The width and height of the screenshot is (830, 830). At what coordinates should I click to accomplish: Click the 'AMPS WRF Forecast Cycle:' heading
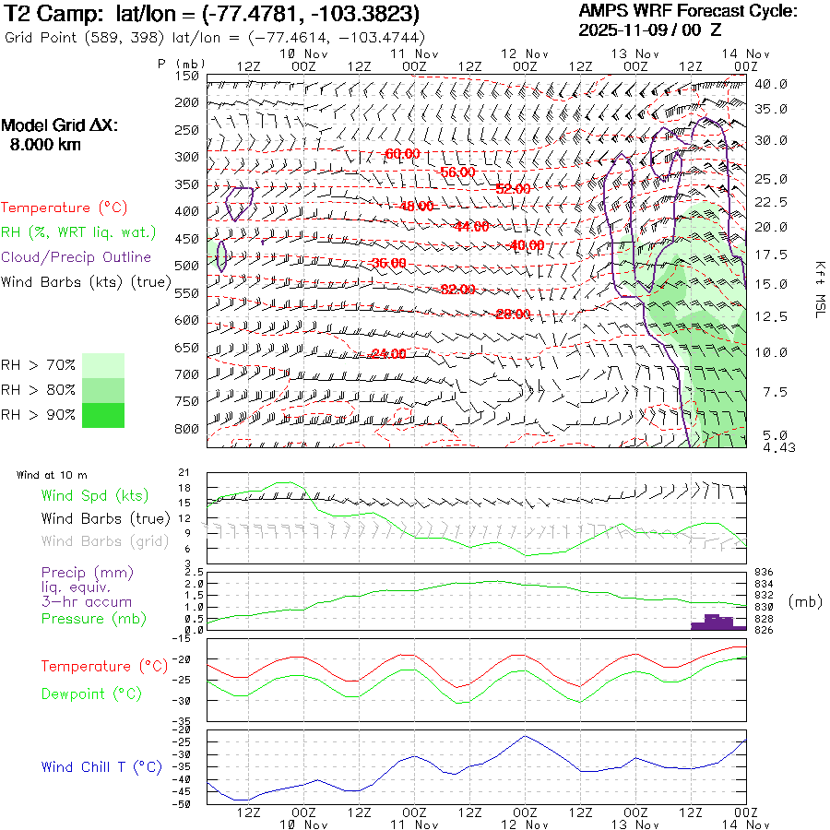(x=687, y=11)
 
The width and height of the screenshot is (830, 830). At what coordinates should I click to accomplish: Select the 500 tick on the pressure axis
(x=188, y=266)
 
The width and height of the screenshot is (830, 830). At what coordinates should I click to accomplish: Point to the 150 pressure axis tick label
(x=188, y=76)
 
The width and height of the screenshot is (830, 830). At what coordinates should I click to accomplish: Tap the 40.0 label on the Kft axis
(x=771, y=84)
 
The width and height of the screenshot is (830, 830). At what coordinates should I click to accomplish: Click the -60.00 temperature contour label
(x=403, y=153)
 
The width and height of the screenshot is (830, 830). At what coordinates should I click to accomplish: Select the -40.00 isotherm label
(x=527, y=245)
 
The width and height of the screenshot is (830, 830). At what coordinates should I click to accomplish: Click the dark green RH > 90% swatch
(x=102, y=416)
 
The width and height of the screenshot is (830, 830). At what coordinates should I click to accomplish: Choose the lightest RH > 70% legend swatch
(x=102, y=365)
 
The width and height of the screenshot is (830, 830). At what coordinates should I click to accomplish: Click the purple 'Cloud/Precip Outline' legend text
(x=77, y=257)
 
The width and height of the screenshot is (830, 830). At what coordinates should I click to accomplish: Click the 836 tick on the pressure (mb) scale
(x=764, y=573)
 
